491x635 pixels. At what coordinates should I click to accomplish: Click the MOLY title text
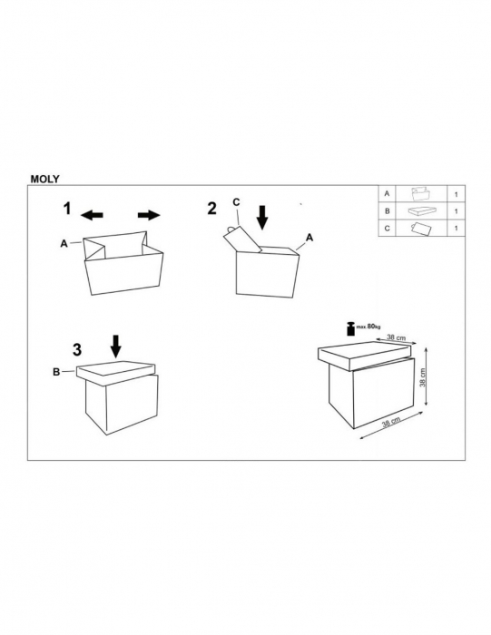[45, 179]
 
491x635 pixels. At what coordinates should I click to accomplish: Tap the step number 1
[67, 209]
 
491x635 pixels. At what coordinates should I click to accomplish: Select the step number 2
[211, 209]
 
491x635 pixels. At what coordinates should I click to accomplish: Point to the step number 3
[77, 350]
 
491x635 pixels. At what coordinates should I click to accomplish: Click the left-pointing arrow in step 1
[92, 215]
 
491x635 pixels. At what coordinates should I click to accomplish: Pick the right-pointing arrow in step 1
[149, 215]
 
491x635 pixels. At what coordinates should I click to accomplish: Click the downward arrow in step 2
[263, 218]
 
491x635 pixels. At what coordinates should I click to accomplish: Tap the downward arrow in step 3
[116, 347]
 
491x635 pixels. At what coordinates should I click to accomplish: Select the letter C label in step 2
[236, 201]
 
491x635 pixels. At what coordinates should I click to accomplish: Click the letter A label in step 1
[64, 244]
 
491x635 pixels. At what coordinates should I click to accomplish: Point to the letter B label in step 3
[56, 372]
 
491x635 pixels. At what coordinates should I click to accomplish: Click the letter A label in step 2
[309, 238]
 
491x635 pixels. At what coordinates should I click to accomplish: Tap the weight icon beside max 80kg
[350, 328]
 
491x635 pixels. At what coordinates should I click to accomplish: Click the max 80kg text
[368, 327]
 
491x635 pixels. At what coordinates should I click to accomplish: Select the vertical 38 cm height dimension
[423, 377]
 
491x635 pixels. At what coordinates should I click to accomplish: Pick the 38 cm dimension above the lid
[397, 337]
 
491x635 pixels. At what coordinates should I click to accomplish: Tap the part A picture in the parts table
[421, 194]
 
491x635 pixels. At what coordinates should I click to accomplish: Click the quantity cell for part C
[457, 229]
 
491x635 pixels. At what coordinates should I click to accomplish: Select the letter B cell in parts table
[388, 211]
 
